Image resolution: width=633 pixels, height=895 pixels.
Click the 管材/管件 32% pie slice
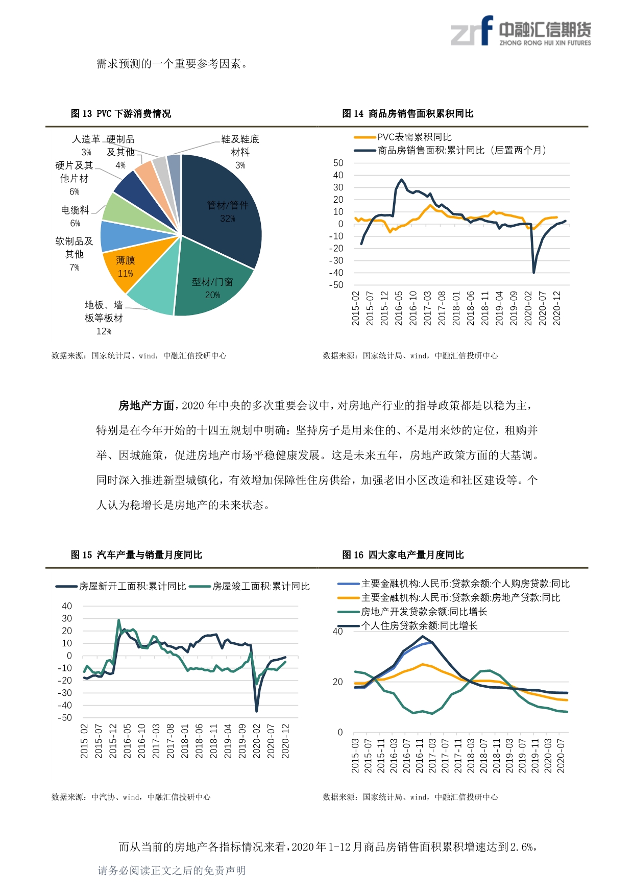tap(225, 204)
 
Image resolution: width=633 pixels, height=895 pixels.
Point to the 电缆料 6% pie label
tap(75, 216)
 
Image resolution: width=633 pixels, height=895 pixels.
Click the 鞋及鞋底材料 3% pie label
tap(240, 152)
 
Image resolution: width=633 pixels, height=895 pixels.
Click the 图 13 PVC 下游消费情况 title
tap(121, 113)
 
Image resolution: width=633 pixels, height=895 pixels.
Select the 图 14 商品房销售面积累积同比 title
tap(408, 113)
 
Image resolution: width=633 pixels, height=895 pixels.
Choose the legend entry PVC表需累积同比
tap(403, 137)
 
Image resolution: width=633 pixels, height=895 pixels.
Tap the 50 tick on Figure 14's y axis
tap(338, 163)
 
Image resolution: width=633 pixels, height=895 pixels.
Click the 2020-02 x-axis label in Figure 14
tap(528, 308)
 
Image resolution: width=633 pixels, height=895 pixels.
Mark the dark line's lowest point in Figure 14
tap(534, 273)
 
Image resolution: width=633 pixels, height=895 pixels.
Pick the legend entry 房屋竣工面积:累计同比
tap(250, 587)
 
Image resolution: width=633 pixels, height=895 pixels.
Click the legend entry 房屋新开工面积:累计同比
tap(121, 587)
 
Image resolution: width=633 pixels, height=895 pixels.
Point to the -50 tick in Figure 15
tap(65, 717)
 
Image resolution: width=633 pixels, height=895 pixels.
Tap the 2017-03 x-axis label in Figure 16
tap(432, 756)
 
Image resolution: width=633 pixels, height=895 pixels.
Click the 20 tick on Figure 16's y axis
tap(338, 682)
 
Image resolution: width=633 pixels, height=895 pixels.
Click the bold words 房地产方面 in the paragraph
tap(147, 406)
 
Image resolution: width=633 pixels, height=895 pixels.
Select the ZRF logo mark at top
tap(472, 31)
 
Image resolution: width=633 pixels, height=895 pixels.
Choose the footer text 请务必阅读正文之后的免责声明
tap(172, 870)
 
